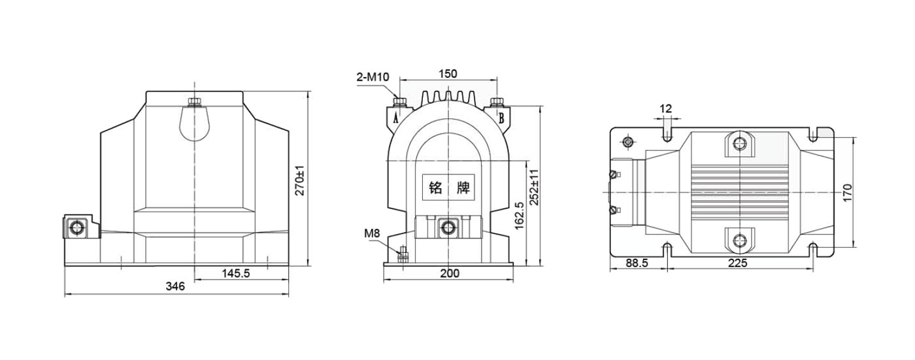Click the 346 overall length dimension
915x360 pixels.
tap(175, 286)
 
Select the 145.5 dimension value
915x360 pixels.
tap(236, 273)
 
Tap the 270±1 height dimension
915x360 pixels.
tap(300, 180)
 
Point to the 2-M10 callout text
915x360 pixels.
tap(373, 76)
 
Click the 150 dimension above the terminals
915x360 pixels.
tap(448, 74)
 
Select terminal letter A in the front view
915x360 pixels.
tap(395, 118)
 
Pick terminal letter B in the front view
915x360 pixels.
tap(501, 118)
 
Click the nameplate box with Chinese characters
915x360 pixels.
tap(448, 188)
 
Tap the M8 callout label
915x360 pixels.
tap(372, 233)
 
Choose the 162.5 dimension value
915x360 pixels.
tap(519, 216)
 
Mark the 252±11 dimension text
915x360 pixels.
tap(535, 187)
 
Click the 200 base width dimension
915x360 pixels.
tap(450, 273)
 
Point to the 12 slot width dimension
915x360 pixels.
tap(666, 108)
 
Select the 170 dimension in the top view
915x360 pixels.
tap(848, 193)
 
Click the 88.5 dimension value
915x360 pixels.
tap(637, 263)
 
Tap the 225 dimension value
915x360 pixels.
tap(738, 263)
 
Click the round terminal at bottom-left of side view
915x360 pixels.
tap(76, 227)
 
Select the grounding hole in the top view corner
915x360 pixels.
tap(628, 142)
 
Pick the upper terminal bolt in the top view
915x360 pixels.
tap(739, 144)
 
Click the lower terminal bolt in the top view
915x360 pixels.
tap(739, 241)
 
